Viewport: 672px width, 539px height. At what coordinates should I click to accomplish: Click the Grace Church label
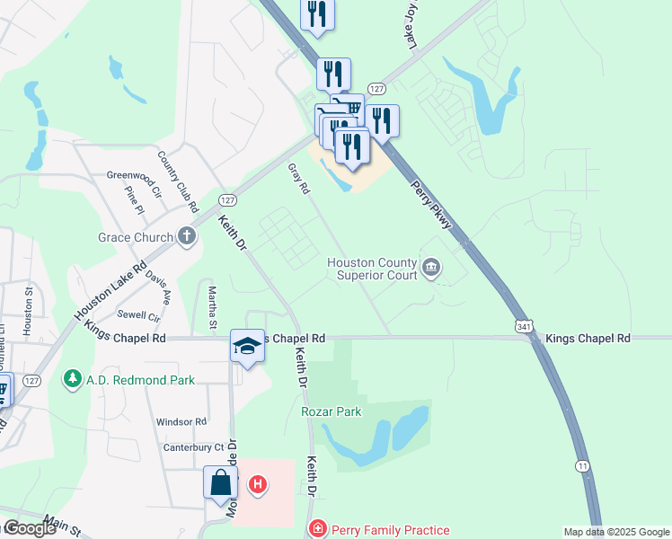coord(135,238)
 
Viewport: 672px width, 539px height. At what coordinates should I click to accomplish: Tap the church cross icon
coord(187,237)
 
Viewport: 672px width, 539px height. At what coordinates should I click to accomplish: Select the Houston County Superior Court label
coord(373,269)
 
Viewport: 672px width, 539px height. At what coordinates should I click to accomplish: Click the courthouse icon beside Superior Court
coord(432,268)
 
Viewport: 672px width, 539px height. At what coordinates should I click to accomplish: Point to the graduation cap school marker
coord(247,347)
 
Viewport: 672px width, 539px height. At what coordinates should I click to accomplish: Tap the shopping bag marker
coord(220,483)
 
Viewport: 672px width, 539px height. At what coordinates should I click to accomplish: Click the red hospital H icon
coord(258,486)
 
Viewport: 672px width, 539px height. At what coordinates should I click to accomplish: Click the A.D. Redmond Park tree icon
coord(73,380)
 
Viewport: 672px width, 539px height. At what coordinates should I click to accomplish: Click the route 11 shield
coord(583,465)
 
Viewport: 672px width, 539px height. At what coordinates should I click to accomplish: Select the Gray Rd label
coord(298,179)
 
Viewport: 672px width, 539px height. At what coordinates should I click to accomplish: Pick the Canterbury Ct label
coord(193,447)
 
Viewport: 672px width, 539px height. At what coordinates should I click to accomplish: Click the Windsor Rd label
coord(181,421)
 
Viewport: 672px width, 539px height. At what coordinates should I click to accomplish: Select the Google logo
coord(30,528)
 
